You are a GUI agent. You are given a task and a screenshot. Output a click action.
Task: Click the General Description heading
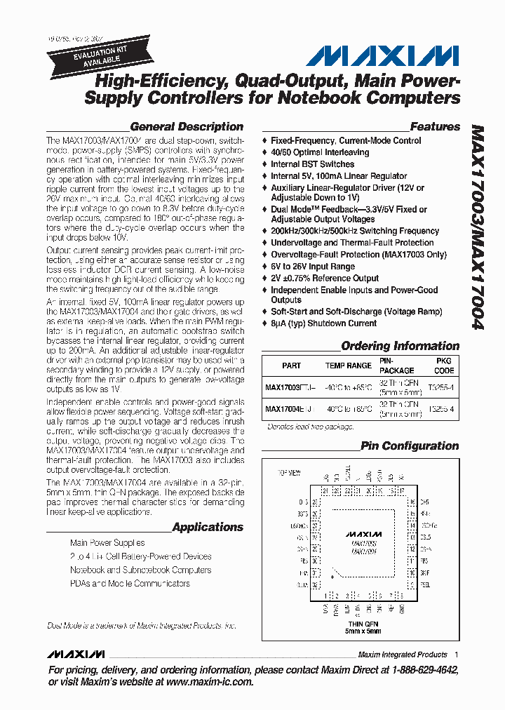(187, 127)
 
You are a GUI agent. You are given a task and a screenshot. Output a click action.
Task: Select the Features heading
(435, 127)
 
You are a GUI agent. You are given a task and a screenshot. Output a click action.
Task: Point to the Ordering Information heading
(400, 346)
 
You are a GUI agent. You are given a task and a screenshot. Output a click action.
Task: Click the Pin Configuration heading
(410, 446)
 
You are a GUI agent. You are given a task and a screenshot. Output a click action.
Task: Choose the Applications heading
(208, 527)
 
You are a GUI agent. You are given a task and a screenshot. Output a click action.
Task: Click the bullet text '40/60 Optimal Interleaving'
(320, 152)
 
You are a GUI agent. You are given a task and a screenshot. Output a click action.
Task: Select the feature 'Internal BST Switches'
(313, 164)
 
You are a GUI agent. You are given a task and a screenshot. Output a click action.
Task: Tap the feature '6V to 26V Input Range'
(313, 267)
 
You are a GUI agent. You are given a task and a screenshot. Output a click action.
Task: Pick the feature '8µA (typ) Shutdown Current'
(324, 323)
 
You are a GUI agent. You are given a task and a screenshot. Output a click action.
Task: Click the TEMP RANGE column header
(349, 366)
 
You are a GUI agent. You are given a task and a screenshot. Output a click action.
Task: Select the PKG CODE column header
(444, 366)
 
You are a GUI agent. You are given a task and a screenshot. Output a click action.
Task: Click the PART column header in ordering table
(291, 366)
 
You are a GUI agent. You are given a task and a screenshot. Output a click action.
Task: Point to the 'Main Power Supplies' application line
(107, 543)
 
